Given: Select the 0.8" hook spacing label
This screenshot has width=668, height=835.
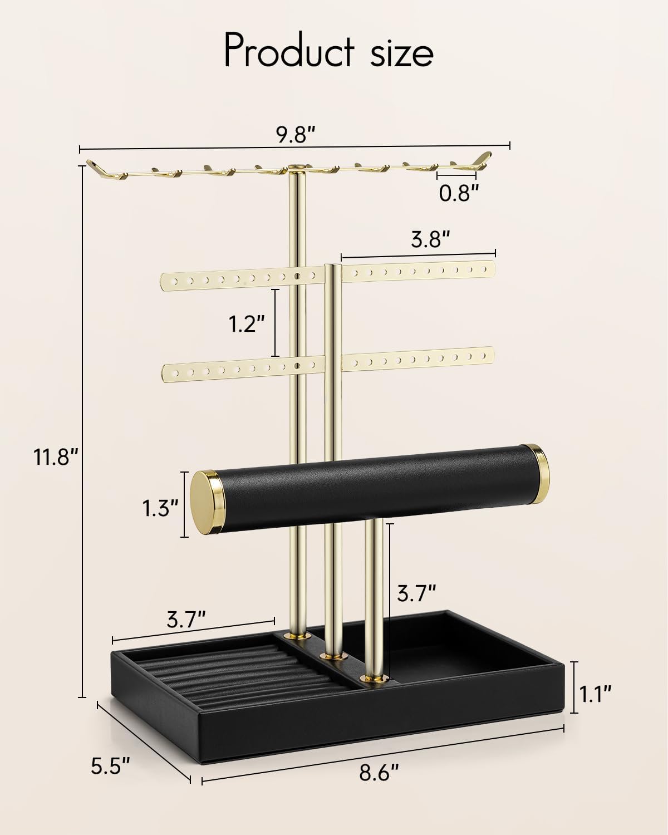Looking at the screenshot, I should click(458, 193).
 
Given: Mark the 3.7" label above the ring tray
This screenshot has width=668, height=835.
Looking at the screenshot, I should click(186, 619).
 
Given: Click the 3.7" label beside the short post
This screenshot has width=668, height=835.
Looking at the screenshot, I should click(416, 594).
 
